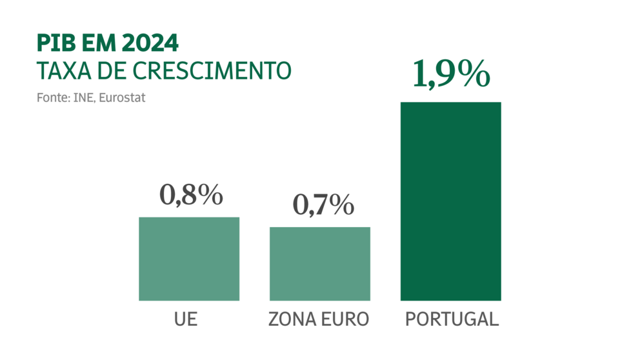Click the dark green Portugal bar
click(x=450, y=201)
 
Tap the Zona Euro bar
click(x=319, y=264)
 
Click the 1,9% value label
click(x=450, y=74)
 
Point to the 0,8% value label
click(x=191, y=195)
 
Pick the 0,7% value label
click(x=323, y=205)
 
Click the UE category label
click(x=185, y=319)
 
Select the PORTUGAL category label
click(x=452, y=319)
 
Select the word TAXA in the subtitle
click(x=63, y=70)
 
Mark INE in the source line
click(x=87, y=97)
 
